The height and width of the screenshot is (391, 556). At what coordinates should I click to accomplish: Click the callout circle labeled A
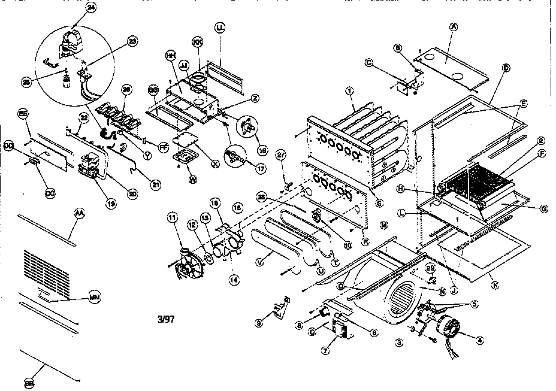[x=454, y=28]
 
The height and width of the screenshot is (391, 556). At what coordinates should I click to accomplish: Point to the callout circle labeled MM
[x=93, y=298]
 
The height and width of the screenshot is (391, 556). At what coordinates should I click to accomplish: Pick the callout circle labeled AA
[x=79, y=213]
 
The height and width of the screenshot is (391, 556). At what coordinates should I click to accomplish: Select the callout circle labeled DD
[x=8, y=146]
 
